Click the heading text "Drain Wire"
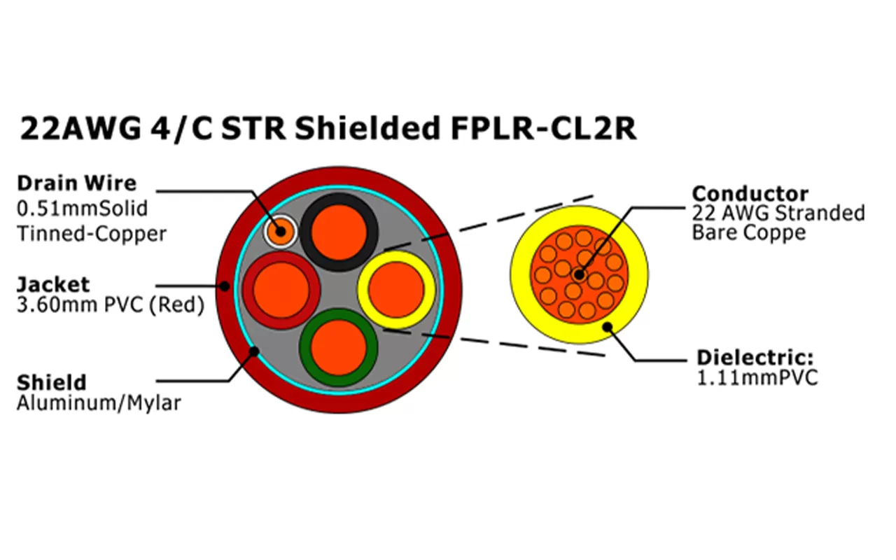tap(76, 183)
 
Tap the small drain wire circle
tap(280, 231)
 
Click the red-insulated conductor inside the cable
tap(281, 290)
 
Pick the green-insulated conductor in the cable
tap(339, 347)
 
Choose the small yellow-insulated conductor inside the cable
tap(396, 290)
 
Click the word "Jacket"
tap(53, 285)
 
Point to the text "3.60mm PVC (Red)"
tap(111, 306)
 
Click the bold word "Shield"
tap(52, 383)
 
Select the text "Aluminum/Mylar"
tap(98, 404)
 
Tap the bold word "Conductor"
tap(750, 194)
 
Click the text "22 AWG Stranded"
tap(778, 213)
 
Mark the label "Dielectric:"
tap(755, 358)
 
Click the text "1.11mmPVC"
tap(757, 378)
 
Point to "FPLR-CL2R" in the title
tap(539, 129)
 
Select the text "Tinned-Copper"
tap(91, 233)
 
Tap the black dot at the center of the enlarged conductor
tap(577, 274)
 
